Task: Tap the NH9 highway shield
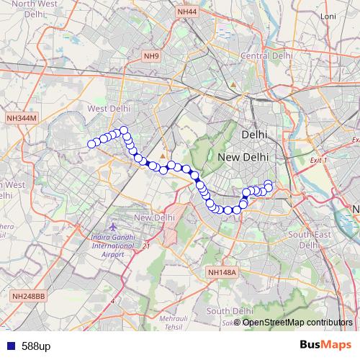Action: click(150, 56)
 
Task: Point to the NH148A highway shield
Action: click(221, 272)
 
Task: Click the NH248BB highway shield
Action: click(28, 296)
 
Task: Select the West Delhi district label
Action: click(107, 109)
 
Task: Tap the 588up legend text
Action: click(36, 346)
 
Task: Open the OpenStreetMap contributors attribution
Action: click(297, 323)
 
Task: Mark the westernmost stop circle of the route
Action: click(91, 144)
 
